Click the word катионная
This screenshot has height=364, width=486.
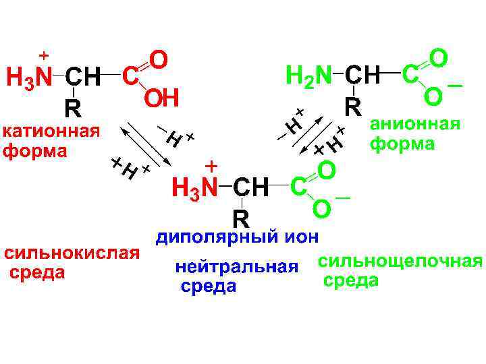pos(51,130)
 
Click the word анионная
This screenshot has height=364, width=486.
pos(415,125)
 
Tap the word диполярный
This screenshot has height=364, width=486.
pos(215,237)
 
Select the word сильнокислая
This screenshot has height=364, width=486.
pos(71,254)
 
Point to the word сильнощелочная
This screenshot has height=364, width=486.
pos(400,262)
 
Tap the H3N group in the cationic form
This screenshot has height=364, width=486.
pos(29,78)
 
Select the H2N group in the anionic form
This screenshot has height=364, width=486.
pos(308,75)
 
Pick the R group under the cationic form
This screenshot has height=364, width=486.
pos(72,109)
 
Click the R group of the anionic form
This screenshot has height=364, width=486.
pos(352,107)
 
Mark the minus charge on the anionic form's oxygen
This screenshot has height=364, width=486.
pos(454,86)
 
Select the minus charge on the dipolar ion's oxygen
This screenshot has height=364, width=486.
pos(343,198)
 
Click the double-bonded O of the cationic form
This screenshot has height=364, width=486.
pos(158,59)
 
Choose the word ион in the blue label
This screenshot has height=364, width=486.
pos(300,237)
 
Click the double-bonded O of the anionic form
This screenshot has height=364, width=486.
pos(437,57)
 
